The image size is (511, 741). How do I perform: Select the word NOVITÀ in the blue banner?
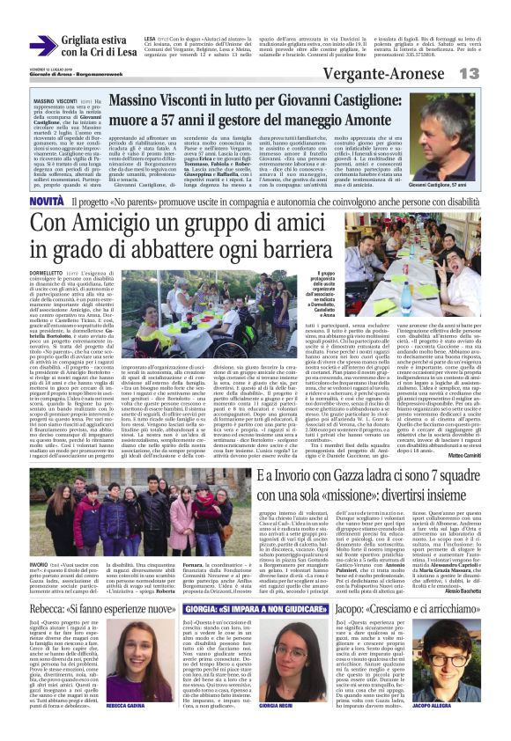(47, 202)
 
